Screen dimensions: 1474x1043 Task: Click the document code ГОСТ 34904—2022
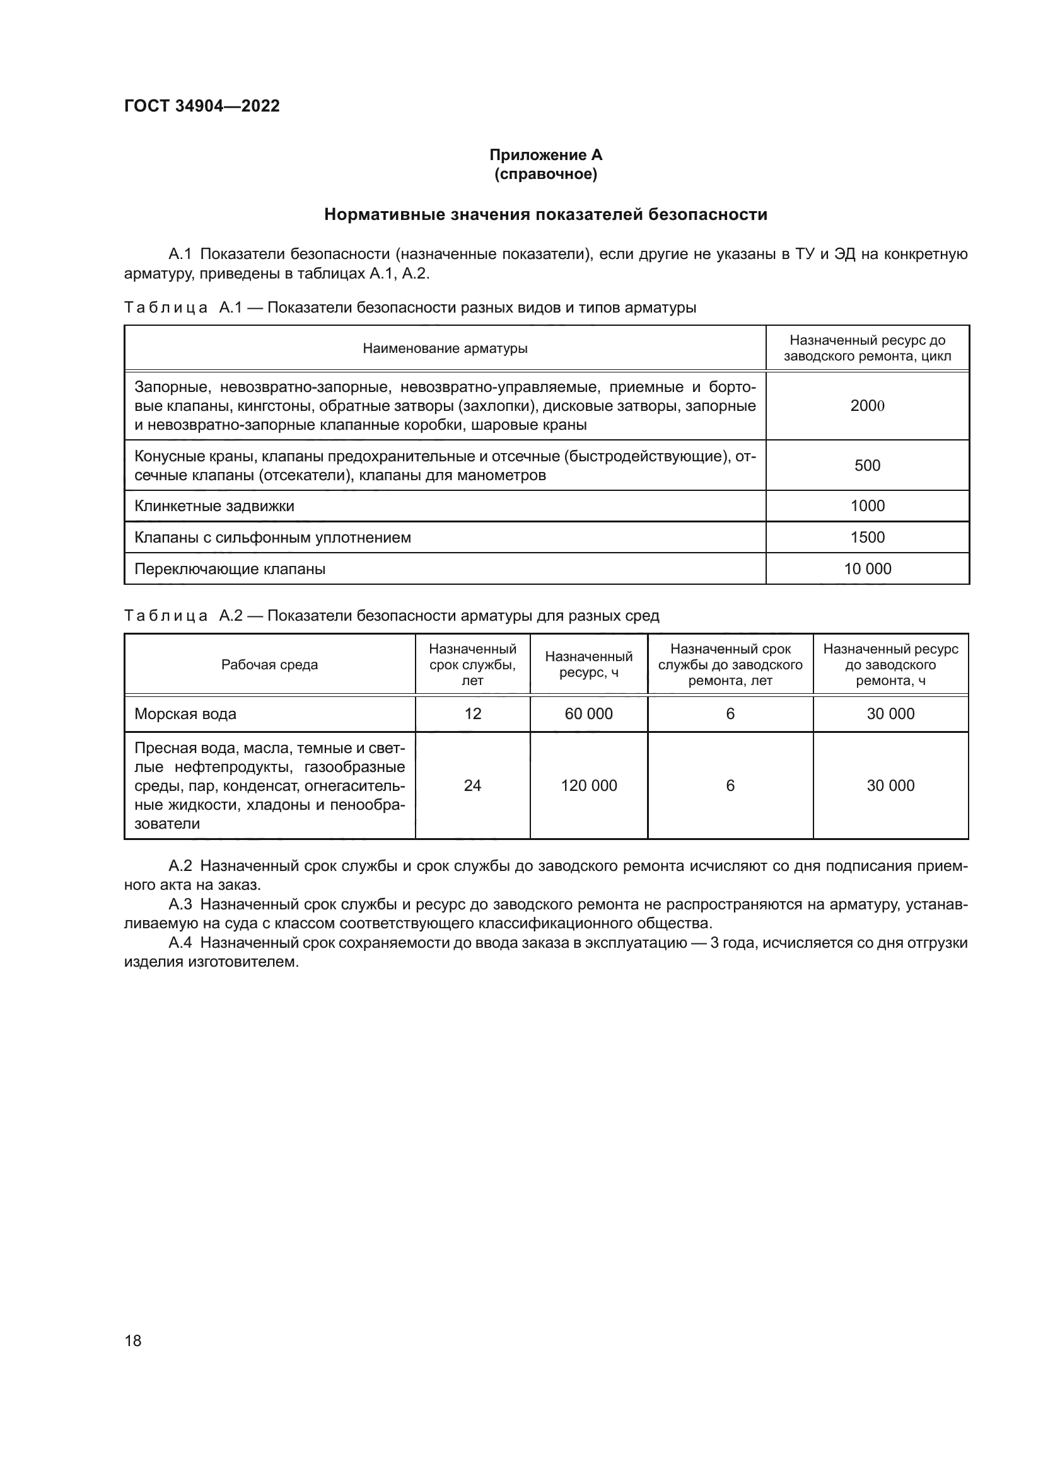[202, 106]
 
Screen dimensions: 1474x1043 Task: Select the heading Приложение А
[545, 155]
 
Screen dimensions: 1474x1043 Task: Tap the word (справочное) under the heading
[545, 174]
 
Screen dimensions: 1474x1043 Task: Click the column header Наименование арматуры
[445, 348]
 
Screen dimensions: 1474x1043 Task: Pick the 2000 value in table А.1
[867, 406]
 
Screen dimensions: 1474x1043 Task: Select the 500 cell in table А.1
[867, 466]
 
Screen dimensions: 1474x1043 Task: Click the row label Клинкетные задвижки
[214, 506]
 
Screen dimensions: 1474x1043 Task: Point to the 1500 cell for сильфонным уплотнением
[867, 538]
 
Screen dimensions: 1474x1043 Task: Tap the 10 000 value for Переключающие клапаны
[867, 569]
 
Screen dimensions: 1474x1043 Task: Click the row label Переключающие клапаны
[230, 569]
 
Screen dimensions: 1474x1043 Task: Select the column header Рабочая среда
[270, 664]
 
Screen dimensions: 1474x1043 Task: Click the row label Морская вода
[185, 714]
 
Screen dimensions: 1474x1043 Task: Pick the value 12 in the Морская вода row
[473, 714]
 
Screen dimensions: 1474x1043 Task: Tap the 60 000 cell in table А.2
[588, 714]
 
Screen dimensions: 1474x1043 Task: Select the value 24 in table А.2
[473, 786]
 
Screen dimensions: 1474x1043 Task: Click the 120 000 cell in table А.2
[588, 786]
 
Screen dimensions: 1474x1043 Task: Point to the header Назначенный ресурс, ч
[588, 664]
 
